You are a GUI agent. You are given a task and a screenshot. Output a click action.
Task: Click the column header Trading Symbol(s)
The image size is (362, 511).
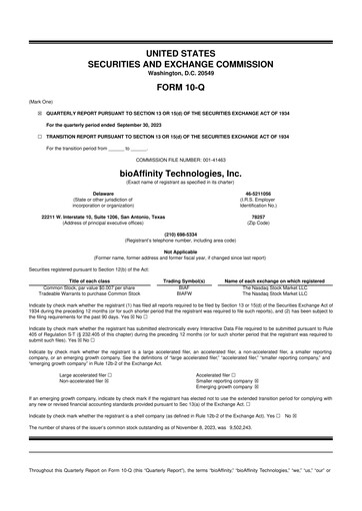click(184, 281)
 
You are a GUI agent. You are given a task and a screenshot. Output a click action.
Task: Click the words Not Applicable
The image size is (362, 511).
click(180, 251)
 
